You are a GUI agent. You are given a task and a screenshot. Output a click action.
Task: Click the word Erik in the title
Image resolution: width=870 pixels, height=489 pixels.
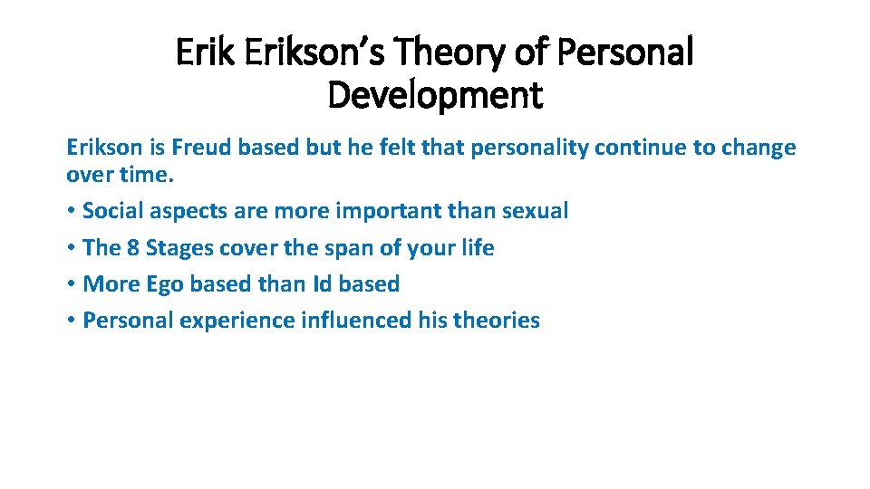click(199, 53)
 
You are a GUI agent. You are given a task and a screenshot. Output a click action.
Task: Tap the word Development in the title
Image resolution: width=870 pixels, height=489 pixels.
click(435, 94)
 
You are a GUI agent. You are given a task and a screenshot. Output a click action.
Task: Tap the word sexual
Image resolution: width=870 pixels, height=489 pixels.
click(535, 211)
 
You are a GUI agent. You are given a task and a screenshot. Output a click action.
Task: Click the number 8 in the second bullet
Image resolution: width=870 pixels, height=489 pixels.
click(131, 247)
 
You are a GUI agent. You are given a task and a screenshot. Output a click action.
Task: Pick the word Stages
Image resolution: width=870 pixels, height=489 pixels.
click(179, 248)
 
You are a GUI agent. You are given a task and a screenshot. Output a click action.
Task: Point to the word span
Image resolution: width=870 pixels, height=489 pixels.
click(325, 248)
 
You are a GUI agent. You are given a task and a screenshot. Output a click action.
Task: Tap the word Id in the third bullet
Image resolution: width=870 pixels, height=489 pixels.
click(323, 283)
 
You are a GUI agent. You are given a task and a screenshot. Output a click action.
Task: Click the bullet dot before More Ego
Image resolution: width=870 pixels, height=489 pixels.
click(71, 284)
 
